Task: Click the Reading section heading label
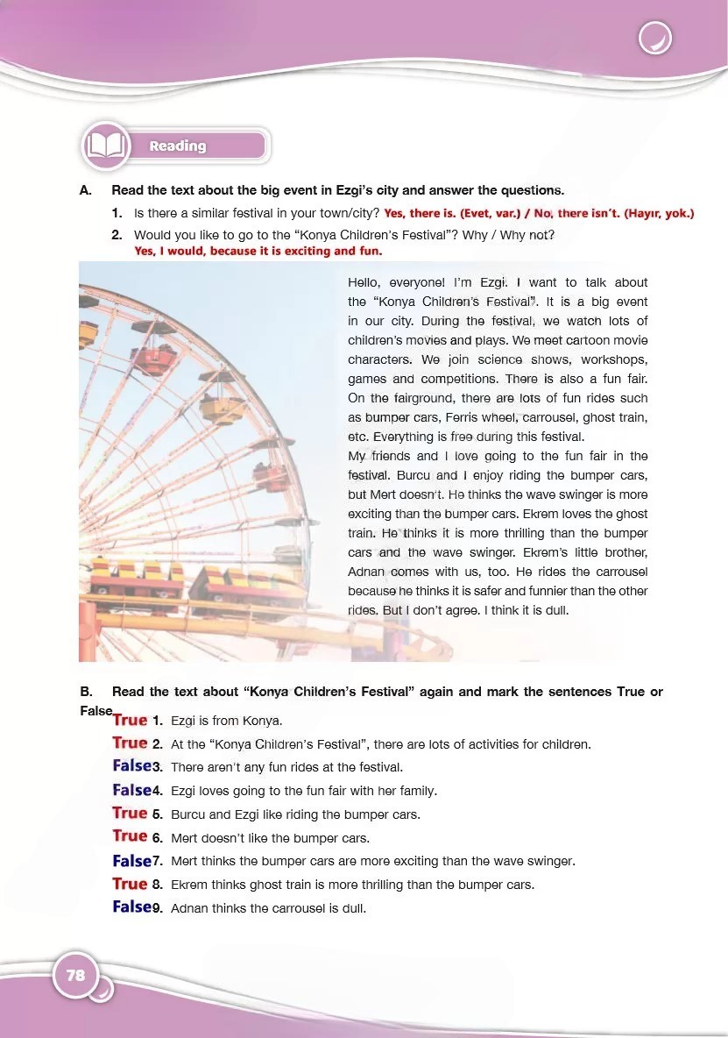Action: [178, 146]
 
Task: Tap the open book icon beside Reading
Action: [105, 146]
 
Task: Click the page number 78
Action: [75, 975]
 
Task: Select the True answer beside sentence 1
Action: [130, 720]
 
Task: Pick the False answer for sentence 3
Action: [131, 766]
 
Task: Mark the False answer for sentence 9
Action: [131, 907]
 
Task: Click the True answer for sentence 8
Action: [130, 884]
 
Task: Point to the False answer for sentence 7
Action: [131, 861]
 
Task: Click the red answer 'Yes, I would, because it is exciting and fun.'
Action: [258, 251]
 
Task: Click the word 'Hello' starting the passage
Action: [367, 282]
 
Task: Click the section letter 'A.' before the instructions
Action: [85, 190]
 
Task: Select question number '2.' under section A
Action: [117, 235]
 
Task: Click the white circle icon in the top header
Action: [654, 39]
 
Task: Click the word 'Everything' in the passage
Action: [403, 437]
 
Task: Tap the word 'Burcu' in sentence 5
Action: [188, 814]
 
